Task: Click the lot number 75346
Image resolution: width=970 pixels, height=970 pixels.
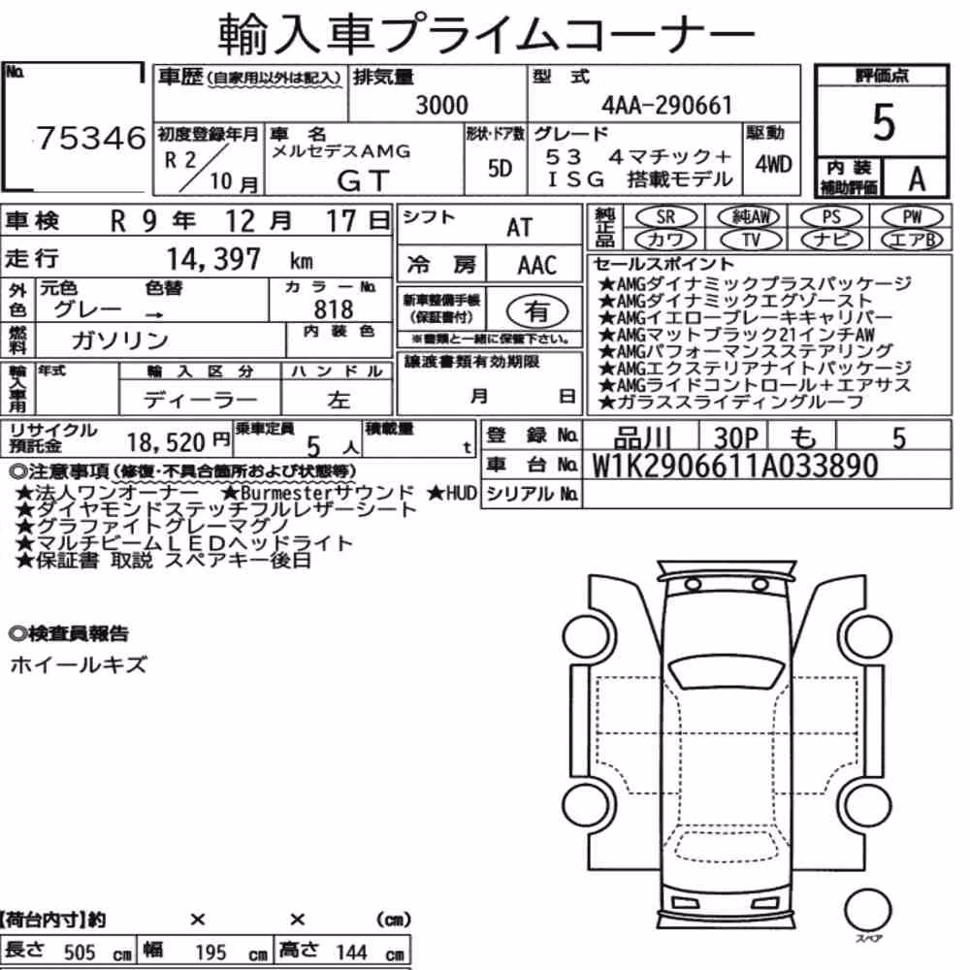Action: click(x=91, y=138)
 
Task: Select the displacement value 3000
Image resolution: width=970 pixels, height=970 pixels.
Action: click(x=441, y=105)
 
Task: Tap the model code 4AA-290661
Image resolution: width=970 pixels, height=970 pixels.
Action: click(x=667, y=105)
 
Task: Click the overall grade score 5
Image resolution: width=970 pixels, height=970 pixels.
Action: click(x=884, y=122)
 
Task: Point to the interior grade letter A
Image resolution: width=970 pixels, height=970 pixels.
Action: click(x=917, y=179)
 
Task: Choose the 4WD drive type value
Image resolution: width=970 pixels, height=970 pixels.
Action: click(x=773, y=165)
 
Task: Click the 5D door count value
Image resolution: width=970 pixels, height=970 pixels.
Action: click(x=500, y=168)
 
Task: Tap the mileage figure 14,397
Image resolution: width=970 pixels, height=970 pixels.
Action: click(x=213, y=259)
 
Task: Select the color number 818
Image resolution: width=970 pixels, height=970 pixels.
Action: click(x=334, y=308)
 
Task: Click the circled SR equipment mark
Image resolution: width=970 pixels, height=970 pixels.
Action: click(x=665, y=217)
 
